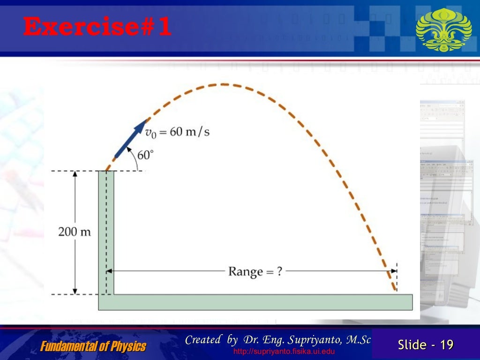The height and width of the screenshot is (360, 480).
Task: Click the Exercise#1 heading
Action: [x=97, y=27]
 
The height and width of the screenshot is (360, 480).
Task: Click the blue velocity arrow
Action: [x=130, y=139]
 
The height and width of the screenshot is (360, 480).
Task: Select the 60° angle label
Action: [x=145, y=154]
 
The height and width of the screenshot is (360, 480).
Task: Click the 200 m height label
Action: [x=75, y=232]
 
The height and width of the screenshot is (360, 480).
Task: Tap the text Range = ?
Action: [x=255, y=271]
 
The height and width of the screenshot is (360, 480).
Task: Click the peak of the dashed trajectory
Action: [x=222, y=84]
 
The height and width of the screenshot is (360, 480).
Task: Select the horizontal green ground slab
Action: [x=255, y=302]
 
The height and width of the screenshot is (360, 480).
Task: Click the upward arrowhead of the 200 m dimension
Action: [x=75, y=175]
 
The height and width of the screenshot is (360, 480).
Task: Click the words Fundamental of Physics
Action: [x=93, y=347]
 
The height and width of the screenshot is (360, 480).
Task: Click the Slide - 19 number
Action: [x=426, y=345]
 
